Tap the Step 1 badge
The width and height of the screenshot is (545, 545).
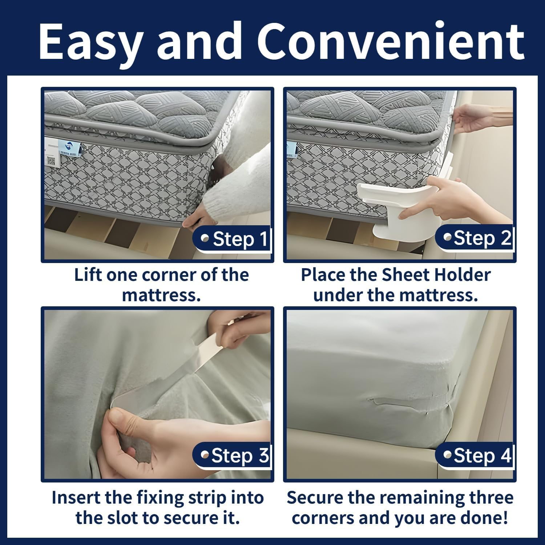point(234,239)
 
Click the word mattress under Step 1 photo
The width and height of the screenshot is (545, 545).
point(161,295)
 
